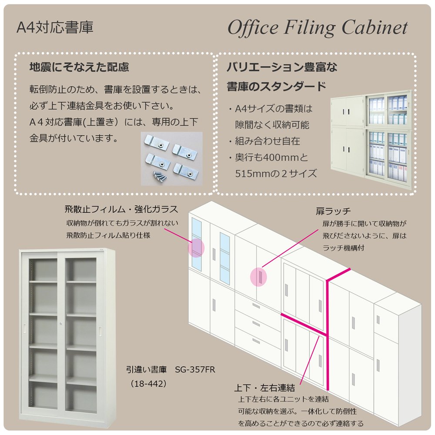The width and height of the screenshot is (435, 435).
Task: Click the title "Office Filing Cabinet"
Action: point(318,28)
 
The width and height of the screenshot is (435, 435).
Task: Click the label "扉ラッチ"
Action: point(333,212)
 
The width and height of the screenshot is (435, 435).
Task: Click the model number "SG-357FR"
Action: point(195,370)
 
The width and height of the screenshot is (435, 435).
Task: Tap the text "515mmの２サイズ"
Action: point(276,173)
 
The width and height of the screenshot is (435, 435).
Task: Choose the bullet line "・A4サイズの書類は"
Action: point(270,109)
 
